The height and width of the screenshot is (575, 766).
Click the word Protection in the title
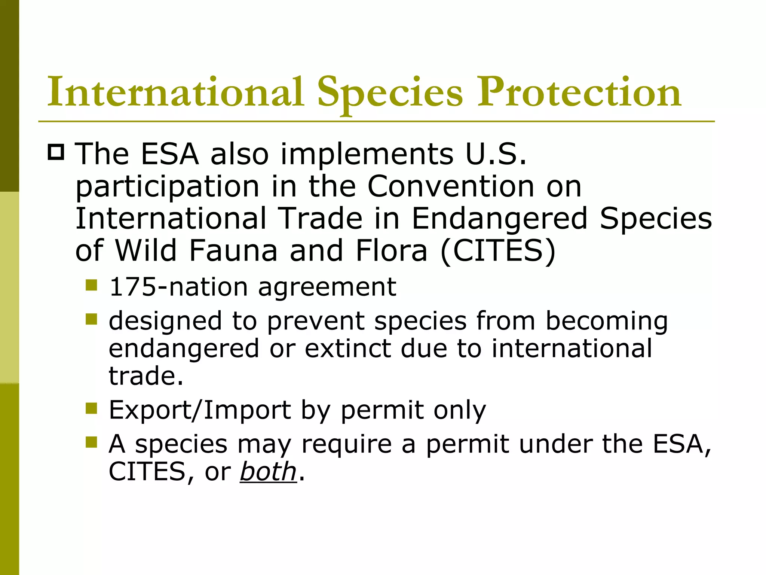click(579, 92)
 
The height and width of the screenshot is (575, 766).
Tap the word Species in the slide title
click(390, 94)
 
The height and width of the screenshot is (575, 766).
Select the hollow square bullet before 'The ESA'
click(56, 152)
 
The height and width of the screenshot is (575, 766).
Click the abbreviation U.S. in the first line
click(496, 154)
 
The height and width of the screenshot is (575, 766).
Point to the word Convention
click(451, 186)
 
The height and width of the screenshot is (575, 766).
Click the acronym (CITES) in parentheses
click(498, 250)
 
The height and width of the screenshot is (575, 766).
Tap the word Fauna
click(233, 250)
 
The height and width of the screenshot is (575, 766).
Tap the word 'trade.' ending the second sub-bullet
click(146, 375)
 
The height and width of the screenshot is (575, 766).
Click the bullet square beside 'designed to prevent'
click(91, 319)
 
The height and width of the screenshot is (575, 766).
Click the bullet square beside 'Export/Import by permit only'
click(91, 408)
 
